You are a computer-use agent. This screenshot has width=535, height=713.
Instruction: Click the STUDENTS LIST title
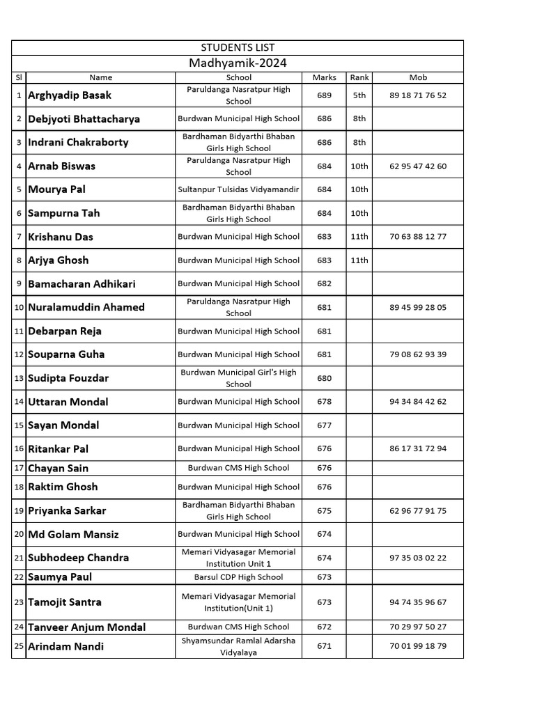[x=238, y=47]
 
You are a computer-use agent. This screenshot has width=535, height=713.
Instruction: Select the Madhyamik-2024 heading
[x=238, y=63]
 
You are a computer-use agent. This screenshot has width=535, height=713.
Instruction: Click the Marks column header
[x=324, y=77]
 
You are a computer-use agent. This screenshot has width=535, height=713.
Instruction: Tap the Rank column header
[x=359, y=77]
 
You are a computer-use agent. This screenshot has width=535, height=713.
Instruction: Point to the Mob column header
[x=418, y=77]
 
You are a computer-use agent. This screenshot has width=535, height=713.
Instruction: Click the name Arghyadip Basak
[x=70, y=95]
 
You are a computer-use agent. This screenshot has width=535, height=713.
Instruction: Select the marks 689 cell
[x=324, y=95]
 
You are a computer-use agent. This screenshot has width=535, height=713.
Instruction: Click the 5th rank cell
[x=359, y=95]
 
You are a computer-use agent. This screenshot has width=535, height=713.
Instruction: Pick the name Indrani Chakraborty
[x=78, y=142]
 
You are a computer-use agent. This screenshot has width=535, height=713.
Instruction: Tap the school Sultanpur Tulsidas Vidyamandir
[x=239, y=189]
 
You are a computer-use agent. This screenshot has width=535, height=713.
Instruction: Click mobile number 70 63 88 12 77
[x=418, y=237]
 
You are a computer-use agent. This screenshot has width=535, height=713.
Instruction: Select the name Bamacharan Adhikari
[x=82, y=283]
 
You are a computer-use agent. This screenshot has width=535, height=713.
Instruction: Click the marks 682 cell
[x=324, y=283]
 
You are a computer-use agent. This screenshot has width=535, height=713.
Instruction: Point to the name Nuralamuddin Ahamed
[x=86, y=307]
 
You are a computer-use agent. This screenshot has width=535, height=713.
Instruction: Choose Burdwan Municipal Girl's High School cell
[x=239, y=378]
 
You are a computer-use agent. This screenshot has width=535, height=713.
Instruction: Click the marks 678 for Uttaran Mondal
[x=324, y=402]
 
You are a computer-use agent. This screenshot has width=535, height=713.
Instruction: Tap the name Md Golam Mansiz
[x=73, y=534]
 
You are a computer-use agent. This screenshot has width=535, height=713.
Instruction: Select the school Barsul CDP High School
[x=239, y=577]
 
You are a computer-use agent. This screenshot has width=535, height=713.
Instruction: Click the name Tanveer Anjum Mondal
[x=87, y=627]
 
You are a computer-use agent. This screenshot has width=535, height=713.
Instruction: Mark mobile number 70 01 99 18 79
[x=418, y=646]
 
